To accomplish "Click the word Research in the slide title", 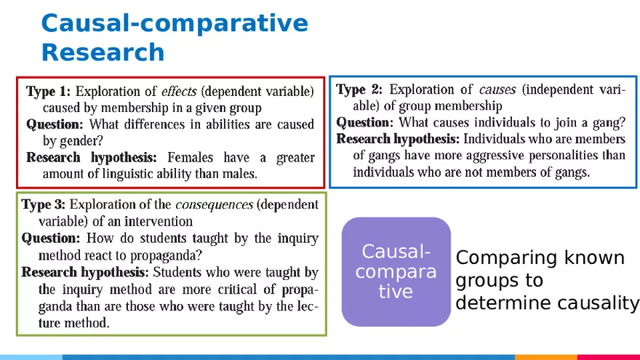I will click(x=103, y=52).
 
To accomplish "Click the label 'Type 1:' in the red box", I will click(x=49, y=92).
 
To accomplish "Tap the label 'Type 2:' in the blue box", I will click(x=359, y=89).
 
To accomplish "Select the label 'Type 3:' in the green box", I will click(x=43, y=204).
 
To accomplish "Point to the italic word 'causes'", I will click(x=497, y=89).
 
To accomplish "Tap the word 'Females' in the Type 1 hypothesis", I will click(x=191, y=158).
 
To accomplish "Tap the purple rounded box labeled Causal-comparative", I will click(x=396, y=271).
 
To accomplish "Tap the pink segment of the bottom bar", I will click(x=608, y=357).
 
